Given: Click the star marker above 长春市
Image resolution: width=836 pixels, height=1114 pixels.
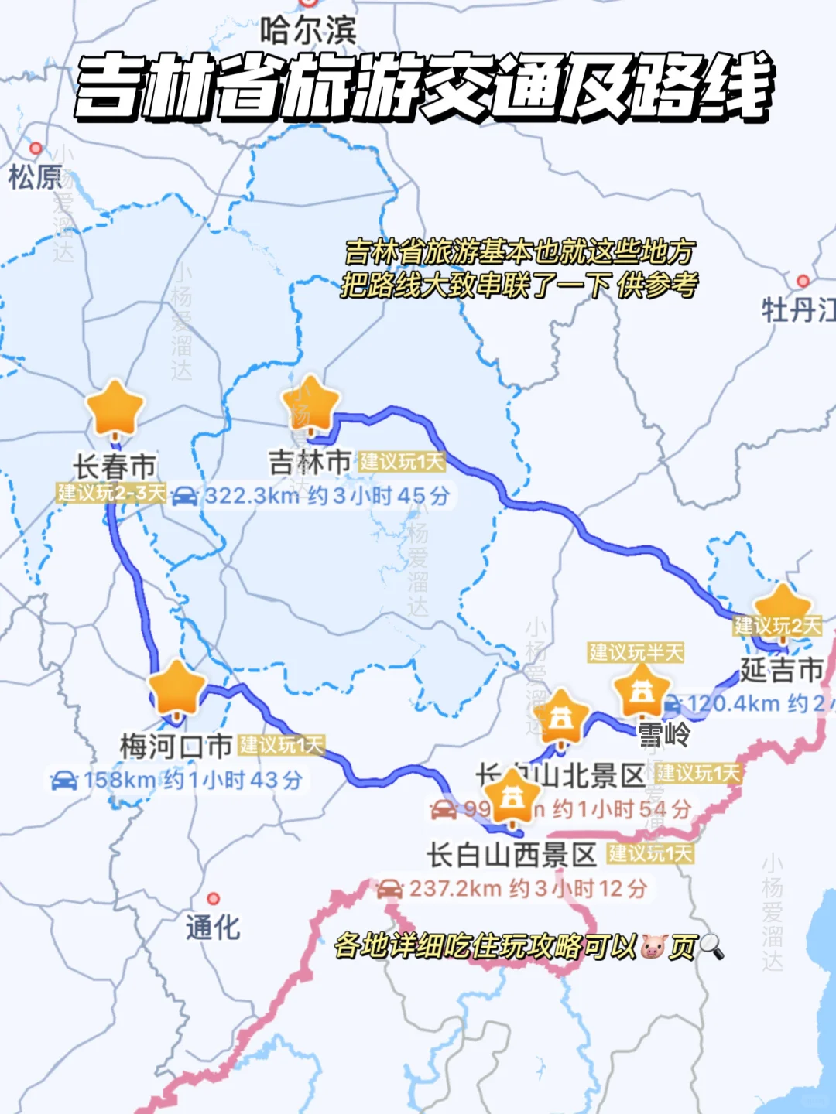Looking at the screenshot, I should point(115,408).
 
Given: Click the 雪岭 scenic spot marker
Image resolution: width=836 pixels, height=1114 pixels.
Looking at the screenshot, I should point(642,691).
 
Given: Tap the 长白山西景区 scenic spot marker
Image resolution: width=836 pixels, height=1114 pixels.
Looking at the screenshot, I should point(512,795).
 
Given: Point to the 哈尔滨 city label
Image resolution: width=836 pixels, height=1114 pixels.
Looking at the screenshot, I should point(308,32).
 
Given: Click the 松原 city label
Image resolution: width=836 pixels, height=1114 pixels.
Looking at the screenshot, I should point(35,178).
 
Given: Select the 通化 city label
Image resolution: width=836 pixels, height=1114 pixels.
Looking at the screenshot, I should point(213,927).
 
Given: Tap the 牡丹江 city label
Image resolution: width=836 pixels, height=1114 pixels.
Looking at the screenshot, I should point(798,311).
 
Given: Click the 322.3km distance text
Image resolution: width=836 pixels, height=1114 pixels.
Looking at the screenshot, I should point(252,496).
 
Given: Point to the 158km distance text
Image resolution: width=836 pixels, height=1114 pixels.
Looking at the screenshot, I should point(119,780).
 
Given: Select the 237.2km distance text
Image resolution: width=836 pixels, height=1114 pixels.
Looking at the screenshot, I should point(455,888).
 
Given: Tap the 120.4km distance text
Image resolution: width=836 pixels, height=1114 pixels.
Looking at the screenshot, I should point(733,704).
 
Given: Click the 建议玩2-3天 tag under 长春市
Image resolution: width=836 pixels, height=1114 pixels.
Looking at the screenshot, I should point(111,493).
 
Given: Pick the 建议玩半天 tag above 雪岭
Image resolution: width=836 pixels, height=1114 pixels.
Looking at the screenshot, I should point(636,652).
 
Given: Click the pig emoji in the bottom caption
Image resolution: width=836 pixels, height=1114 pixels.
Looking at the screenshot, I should point(653,945).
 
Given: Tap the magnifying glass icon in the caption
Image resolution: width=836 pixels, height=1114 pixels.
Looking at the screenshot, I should point(711,945).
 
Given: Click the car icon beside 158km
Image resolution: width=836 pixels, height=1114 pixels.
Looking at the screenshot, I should point(64,780).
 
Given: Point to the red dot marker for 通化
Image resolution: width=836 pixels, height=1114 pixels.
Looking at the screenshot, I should point(213,898).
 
